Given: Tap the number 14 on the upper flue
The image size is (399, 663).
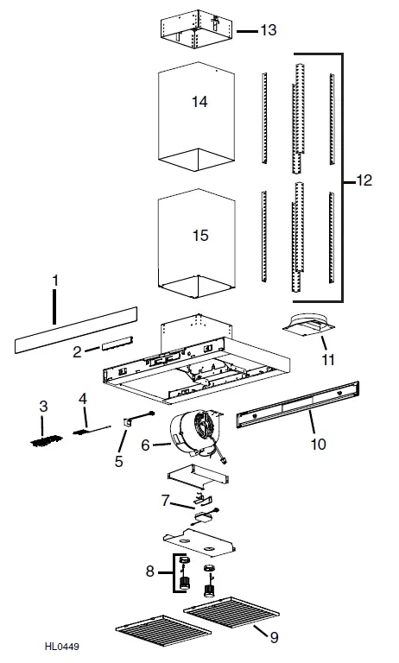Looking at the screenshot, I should click(x=199, y=102).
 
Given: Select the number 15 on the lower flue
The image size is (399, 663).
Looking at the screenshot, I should click(x=199, y=235).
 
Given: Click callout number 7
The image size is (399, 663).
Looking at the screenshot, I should click(x=164, y=499).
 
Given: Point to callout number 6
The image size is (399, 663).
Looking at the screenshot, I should click(x=144, y=445).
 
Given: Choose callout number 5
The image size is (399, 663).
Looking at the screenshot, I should click(x=118, y=461).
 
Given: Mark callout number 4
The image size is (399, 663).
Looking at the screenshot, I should click(x=83, y=398).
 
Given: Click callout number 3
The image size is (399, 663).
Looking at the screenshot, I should click(x=43, y=405).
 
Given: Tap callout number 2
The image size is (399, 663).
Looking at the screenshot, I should click(x=77, y=351).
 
